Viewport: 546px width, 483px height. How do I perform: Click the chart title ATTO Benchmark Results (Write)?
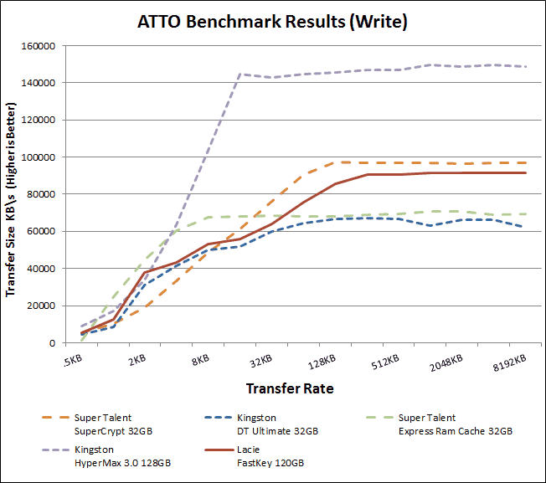click(272, 23)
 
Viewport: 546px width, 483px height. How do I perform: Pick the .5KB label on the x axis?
click(73, 361)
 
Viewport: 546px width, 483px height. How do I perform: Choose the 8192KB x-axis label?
click(508, 361)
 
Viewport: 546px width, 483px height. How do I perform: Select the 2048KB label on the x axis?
click(446, 361)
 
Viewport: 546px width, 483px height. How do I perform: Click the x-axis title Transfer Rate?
click(289, 388)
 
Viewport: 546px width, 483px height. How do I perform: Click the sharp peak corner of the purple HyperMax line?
click(240, 75)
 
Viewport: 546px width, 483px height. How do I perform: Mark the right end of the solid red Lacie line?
click(526, 173)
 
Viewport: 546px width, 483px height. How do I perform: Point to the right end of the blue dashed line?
click(526, 227)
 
